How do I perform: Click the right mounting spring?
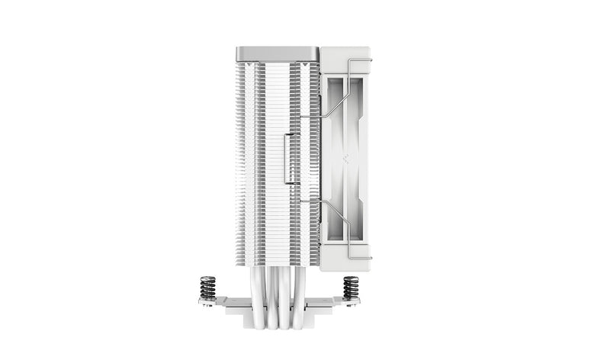click(x=351, y=288)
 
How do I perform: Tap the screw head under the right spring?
click(x=352, y=304)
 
